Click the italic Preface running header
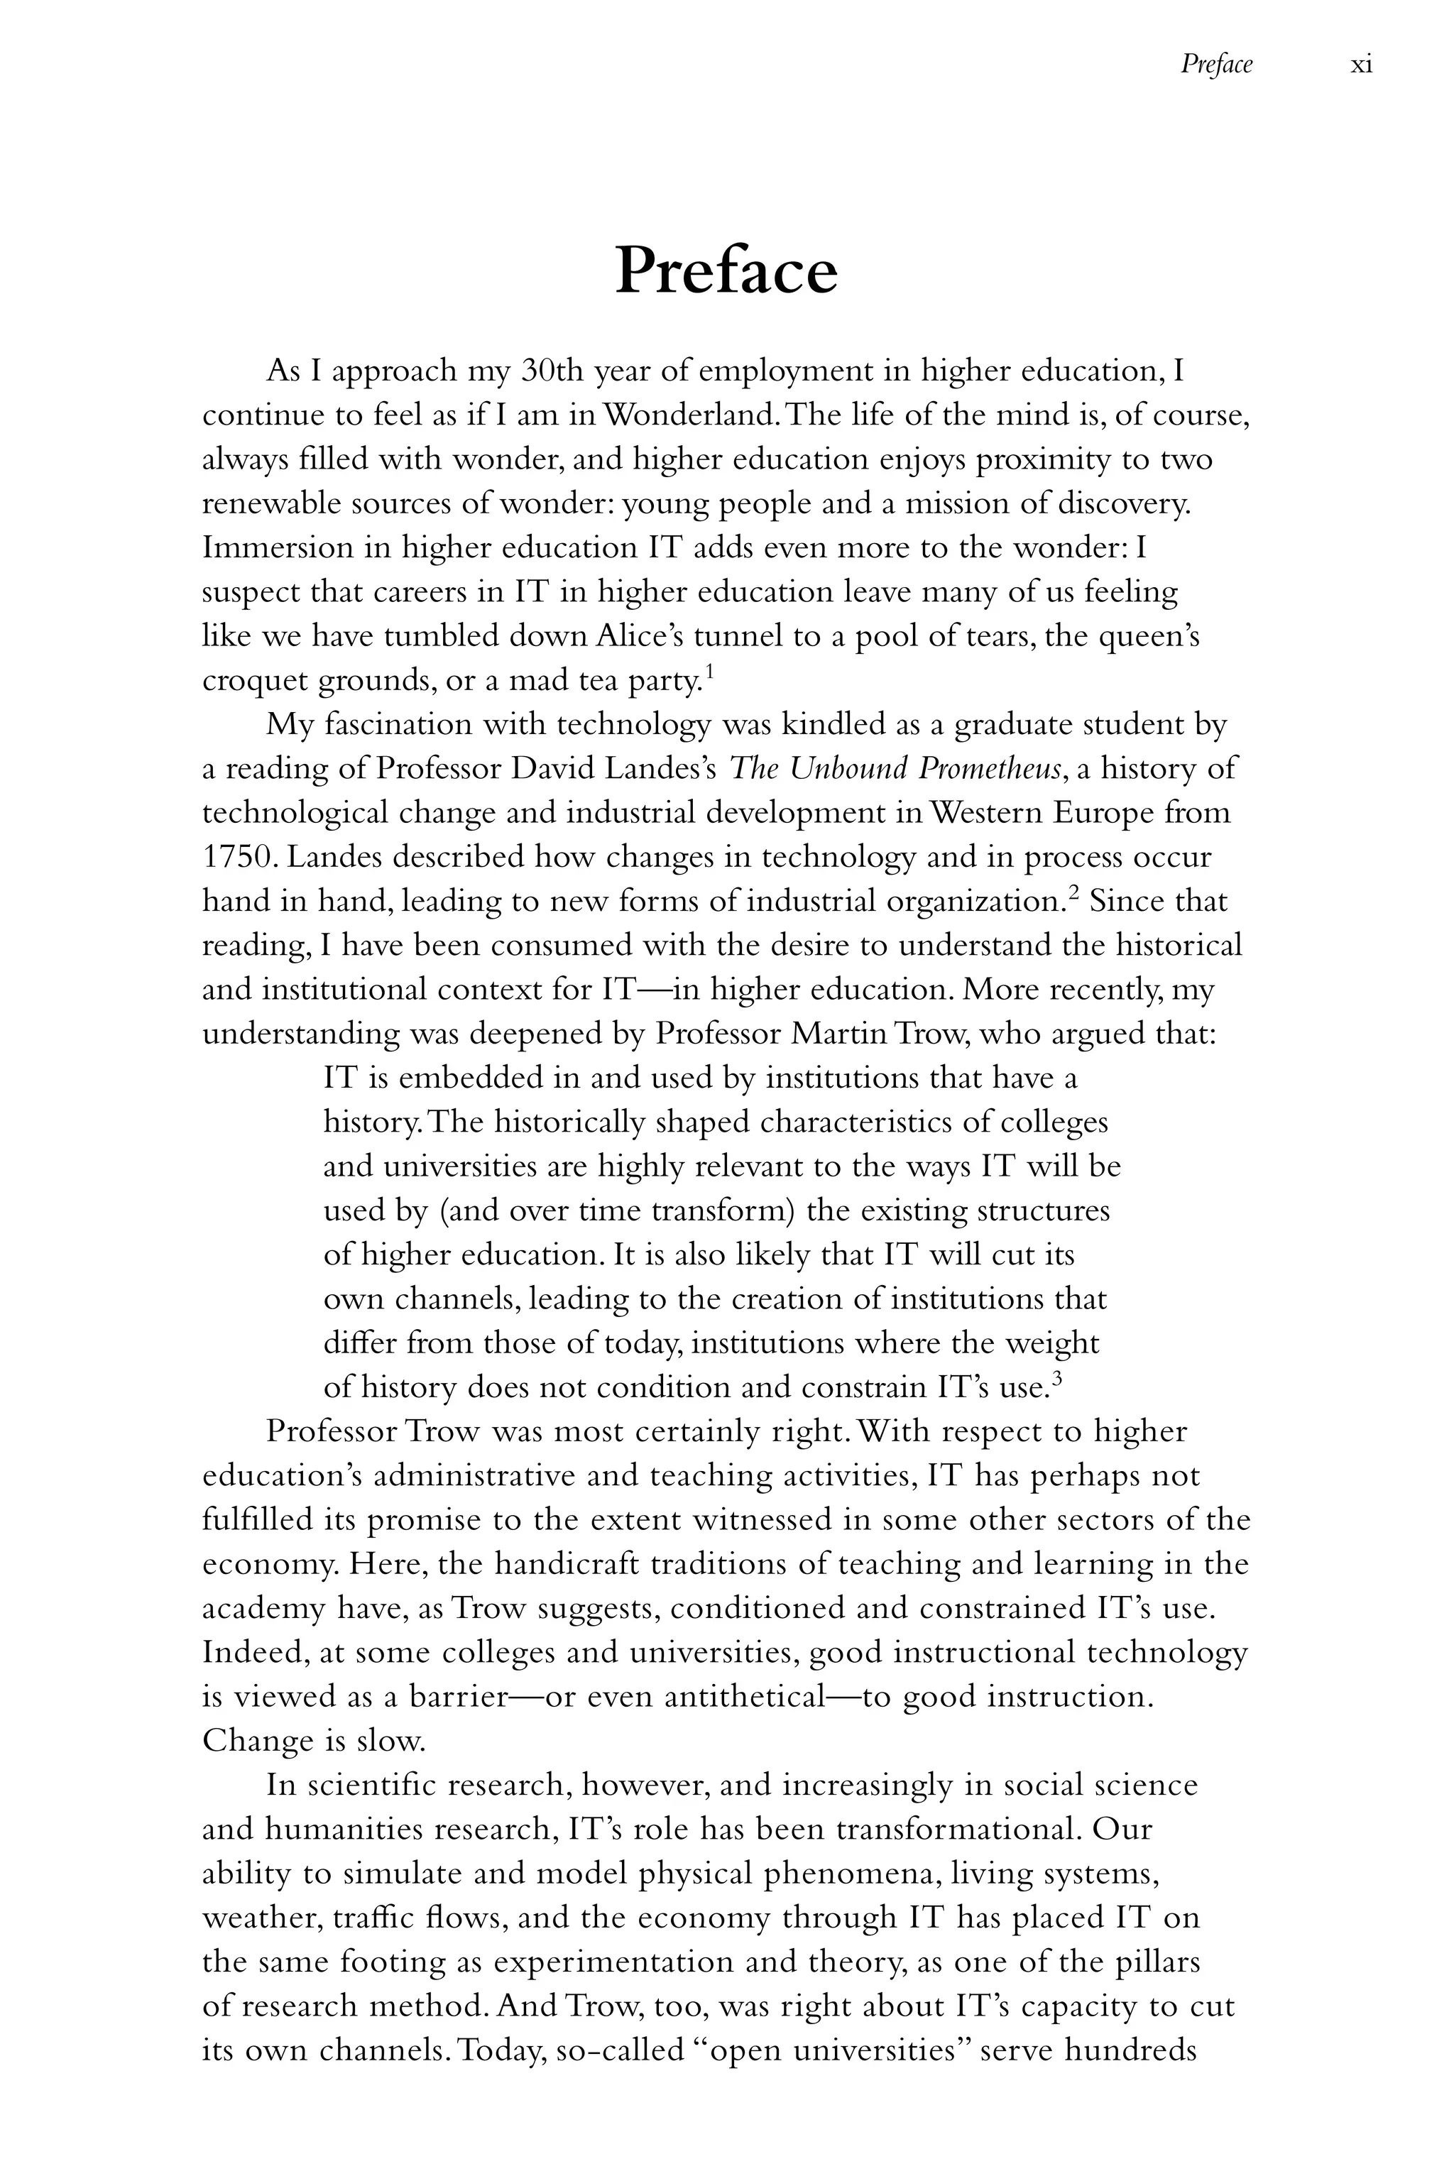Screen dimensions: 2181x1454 [1215, 64]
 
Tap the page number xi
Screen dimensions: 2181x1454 [1361, 65]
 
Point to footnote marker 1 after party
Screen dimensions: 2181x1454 [709, 670]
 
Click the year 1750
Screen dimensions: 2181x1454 [236, 857]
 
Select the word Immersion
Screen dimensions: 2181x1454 [275, 548]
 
